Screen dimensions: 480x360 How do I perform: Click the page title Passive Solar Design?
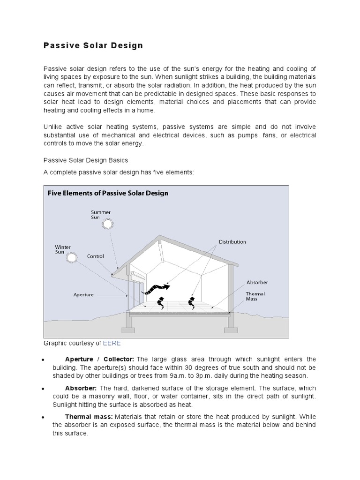click(x=93, y=46)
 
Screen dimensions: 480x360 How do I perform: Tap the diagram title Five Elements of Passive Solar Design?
click(x=108, y=193)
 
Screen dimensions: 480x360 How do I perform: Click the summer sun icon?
click(x=108, y=224)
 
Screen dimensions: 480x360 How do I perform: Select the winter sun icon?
click(x=72, y=257)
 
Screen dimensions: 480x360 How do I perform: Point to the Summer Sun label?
click(x=101, y=214)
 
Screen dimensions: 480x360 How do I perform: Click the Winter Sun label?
click(x=63, y=249)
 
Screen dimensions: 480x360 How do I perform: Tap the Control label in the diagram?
click(x=96, y=256)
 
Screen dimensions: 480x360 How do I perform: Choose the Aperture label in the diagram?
click(x=83, y=295)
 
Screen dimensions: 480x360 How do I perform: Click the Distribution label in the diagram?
click(x=232, y=242)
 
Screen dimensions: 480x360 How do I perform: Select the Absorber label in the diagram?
click(x=257, y=283)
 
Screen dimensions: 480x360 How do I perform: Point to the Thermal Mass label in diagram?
click(x=255, y=296)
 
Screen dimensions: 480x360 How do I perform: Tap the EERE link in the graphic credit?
click(x=112, y=343)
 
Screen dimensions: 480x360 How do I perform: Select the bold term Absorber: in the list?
click(x=81, y=389)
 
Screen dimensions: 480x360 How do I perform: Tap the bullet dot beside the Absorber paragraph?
click(x=43, y=389)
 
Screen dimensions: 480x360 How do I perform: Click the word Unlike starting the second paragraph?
click(x=52, y=127)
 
